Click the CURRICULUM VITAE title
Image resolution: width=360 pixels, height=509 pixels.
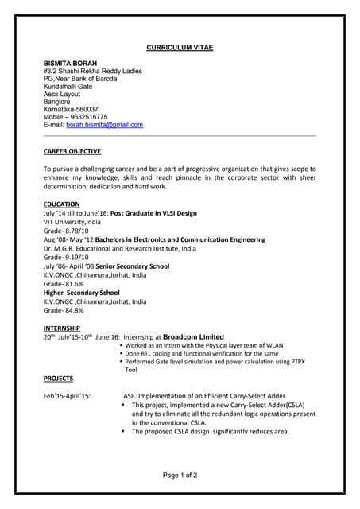(x=180, y=48)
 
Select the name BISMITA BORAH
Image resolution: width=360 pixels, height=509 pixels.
(x=69, y=62)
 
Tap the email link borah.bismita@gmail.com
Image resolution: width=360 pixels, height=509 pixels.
(x=104, y=125)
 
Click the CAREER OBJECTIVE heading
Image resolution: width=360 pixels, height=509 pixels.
(x=72, y=151)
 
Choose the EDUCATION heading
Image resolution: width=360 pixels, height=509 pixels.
(x=61, y=204)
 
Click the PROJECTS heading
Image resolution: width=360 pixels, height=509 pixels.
(x=58, y=379)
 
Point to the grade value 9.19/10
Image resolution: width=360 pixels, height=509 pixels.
(x=79, y=257)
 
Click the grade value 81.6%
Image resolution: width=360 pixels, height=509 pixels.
(x=73, y=284)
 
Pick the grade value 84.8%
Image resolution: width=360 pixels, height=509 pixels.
(x=73, y=311)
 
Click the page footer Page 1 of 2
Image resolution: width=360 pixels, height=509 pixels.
(x=180, y=475)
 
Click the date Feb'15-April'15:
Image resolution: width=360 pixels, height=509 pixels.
(x=67, y=395)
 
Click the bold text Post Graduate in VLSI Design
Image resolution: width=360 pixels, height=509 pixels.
(x=153, y=213)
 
